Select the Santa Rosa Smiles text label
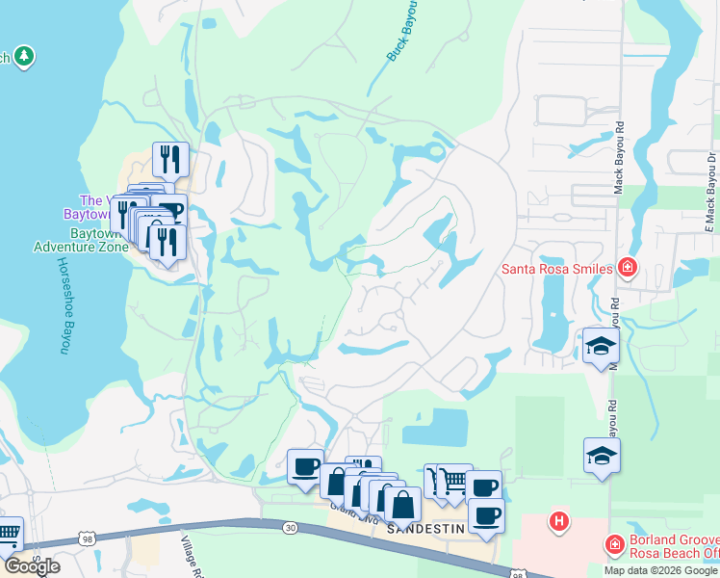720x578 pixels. coord(557,268)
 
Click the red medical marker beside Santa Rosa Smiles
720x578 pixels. coord(628,266)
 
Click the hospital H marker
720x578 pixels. coord(557,522)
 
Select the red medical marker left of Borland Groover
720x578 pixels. coord(615,546)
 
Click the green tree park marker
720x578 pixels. coord(24,57)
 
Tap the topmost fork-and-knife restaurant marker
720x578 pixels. coord(170,159)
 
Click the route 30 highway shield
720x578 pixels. coord(291,527)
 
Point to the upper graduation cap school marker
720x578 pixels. coord(601,347)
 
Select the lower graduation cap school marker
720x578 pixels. coord(602,455)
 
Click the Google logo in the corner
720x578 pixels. coord(32,565)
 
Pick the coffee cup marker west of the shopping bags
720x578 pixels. coord(305,467)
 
